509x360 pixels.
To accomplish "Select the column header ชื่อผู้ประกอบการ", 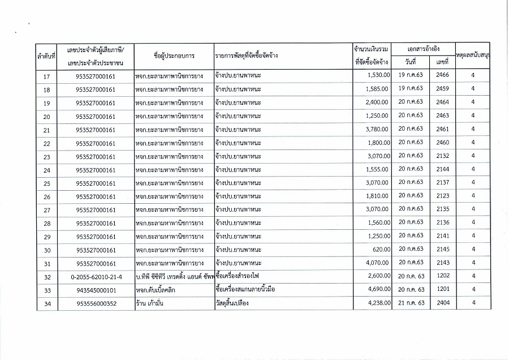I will coord(174,56).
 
